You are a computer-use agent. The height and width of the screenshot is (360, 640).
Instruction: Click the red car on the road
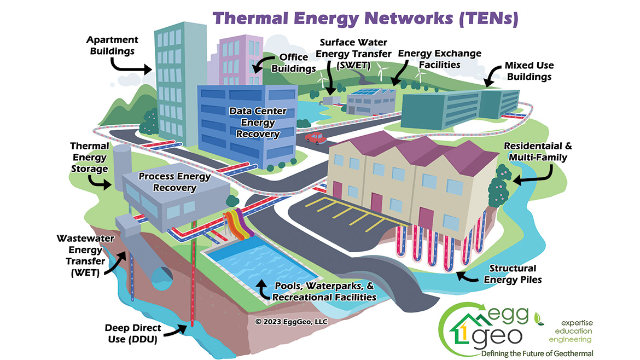click(314, 137)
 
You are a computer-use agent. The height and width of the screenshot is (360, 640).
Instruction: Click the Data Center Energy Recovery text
click(258, 123)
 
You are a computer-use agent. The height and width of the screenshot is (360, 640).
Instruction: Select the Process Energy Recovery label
click(167, 182)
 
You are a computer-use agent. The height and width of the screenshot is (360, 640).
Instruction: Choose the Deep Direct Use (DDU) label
click(134, 334)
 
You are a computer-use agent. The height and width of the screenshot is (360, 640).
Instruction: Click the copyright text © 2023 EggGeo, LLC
click(291, 322)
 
